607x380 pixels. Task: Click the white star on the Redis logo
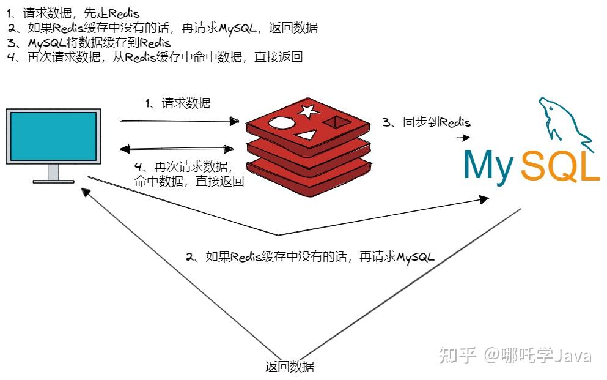click(x=308, y=111)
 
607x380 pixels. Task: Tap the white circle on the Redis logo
click(x=281, y=124)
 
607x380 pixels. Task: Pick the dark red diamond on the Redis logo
click(x=337, y=123)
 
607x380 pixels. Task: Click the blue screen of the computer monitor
click(x=53, y=136)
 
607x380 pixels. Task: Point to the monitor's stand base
click(x=53, y=181)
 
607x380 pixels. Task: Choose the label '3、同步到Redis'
click(x=426, y=122)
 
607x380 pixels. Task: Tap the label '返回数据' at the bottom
click(x=289, y=367)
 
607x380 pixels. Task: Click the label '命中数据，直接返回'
click(x=189, y=181)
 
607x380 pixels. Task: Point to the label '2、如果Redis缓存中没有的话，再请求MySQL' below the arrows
click(x=310, y=257)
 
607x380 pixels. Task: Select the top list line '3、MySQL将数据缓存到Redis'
click(x=89, y=42)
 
